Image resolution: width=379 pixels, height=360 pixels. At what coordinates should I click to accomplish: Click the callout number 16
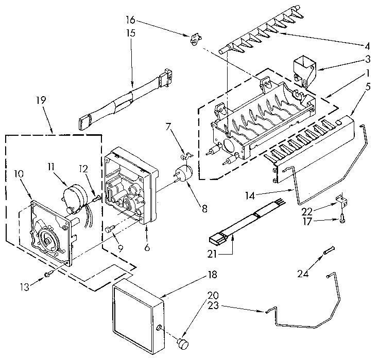pyautogui.click(x=131, y=21)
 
